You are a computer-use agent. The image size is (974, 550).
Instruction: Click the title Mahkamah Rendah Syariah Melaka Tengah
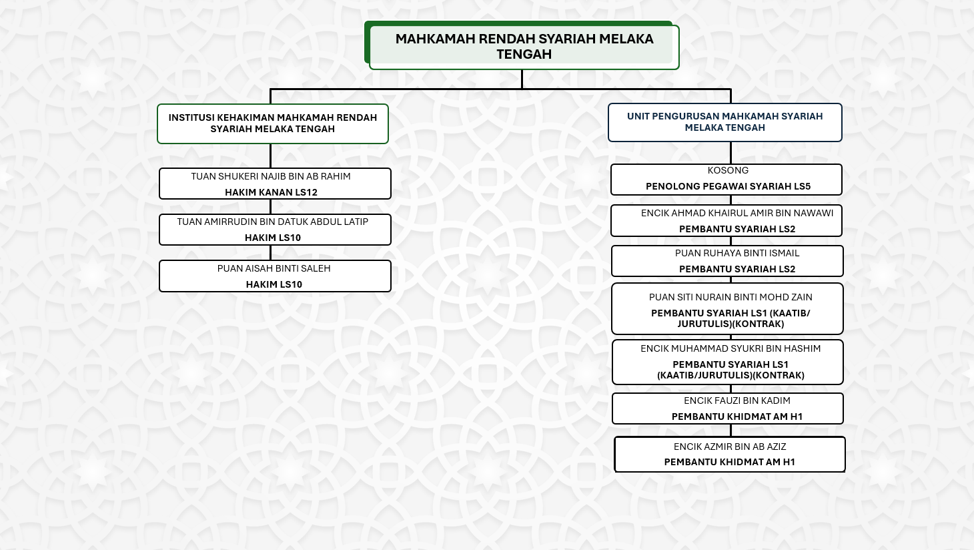coord(524,47)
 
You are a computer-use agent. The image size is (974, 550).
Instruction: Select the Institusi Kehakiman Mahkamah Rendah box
coord(273,123)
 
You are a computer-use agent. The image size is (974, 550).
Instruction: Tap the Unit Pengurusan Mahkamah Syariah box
coord(725,122)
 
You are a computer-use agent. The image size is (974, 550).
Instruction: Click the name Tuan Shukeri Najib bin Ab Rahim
coord(271,176)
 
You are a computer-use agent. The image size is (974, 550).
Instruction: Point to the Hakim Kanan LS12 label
coord(271,192)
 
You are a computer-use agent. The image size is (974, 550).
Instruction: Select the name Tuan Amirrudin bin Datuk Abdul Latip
coord(272,222)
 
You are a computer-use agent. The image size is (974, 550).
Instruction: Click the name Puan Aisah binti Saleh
coord(274,268)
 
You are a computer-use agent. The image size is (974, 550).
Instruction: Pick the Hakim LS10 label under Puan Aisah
coord(274,284)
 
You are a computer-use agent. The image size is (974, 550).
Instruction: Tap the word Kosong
coord(728,170)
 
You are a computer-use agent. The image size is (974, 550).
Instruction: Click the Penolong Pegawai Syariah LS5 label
coord(728,186)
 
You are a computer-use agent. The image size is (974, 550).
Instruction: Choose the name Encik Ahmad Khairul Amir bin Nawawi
coord(737,213)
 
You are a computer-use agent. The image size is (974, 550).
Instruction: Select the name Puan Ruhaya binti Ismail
coord(737,253)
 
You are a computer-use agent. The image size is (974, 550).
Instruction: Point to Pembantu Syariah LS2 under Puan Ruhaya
coord(737,269)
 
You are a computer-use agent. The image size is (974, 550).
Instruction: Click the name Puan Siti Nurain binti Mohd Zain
coord(730,297)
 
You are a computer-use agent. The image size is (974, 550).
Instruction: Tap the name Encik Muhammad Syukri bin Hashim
coord(730,348)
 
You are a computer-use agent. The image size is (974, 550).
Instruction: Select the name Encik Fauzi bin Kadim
coord(737,400)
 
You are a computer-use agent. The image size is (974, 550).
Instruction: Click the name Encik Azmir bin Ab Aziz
coord(730,447)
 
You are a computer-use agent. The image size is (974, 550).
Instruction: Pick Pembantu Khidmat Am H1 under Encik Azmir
coord(730,462)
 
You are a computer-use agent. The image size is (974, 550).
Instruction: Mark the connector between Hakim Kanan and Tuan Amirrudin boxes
coord(271,206)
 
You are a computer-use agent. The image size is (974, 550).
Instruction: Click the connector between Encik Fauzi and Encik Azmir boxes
coord(731,431)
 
